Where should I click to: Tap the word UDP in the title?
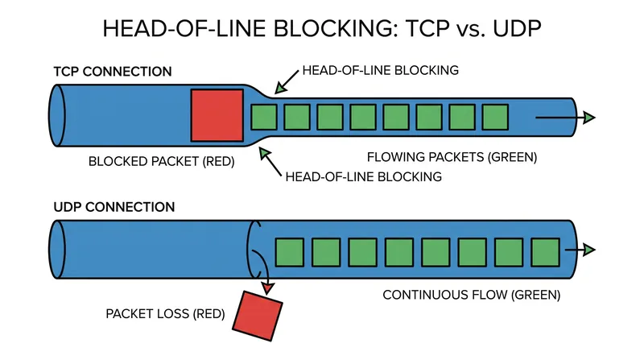point(517,29)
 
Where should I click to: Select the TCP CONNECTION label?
point(113,72)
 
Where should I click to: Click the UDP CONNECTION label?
point(114,207)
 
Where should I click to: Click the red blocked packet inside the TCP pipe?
point(217,115)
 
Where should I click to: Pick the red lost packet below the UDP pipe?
point(258,316)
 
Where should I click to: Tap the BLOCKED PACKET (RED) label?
point(162,162)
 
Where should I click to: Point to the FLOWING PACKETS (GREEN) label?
point(452,157)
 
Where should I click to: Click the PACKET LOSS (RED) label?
point(165,314)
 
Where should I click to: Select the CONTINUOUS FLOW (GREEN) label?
point(472,295)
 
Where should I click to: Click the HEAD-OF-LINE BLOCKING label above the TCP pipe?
point(380,70)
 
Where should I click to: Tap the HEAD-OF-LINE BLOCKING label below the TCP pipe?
point(364,176)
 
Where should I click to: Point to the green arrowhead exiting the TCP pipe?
point(589,118)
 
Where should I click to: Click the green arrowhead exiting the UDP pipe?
point(589,250)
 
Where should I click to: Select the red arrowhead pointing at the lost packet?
point(268,288)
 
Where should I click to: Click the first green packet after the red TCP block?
point(264,118)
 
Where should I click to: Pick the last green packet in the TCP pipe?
point(495,118)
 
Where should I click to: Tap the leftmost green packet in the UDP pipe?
point(290,252)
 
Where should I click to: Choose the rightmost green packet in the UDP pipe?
point(546,252)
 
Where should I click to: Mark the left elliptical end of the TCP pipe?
point(57,115)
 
